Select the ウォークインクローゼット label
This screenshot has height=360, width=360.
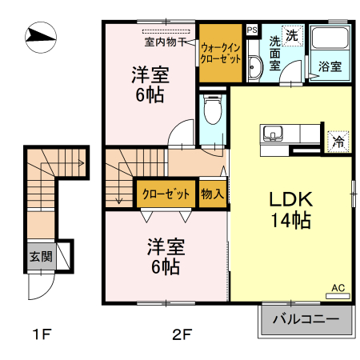(x=220, y=54)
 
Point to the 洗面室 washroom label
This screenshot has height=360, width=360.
(x=274, y=54)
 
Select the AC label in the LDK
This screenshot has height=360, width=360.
(x=337, y=286)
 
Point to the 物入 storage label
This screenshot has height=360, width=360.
(x=212, y=194)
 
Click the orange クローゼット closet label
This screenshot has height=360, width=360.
(x=166, y=194)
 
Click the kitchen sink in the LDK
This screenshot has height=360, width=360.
(x=270, y=133)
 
